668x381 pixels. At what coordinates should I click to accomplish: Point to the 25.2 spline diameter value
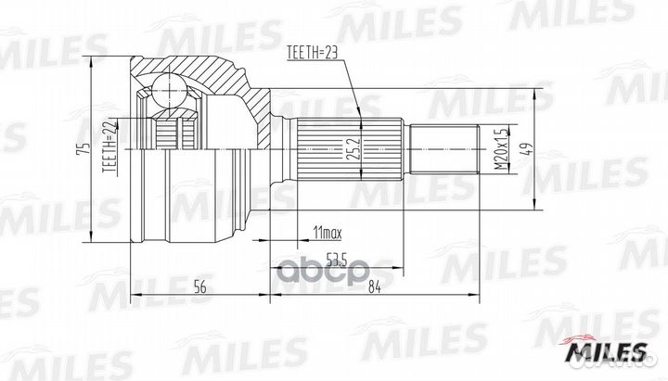coord(351,148)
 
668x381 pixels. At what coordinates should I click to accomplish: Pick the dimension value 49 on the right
coord(525,148)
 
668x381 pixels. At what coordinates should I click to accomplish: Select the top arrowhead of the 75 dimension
coord(93,61)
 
